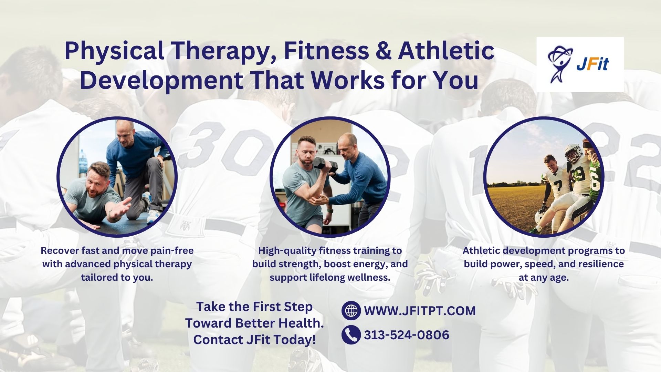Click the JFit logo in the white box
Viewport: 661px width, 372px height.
coord(579,64)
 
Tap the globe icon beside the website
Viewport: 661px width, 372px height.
coord(351,310)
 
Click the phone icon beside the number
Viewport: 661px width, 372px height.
coord(351,335)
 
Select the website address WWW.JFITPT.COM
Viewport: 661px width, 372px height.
coord(420,311)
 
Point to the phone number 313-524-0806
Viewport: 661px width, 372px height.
coord(407,335)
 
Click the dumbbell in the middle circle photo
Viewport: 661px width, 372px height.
coord(323,164)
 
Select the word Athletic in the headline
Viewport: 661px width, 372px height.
coord(446,51)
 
